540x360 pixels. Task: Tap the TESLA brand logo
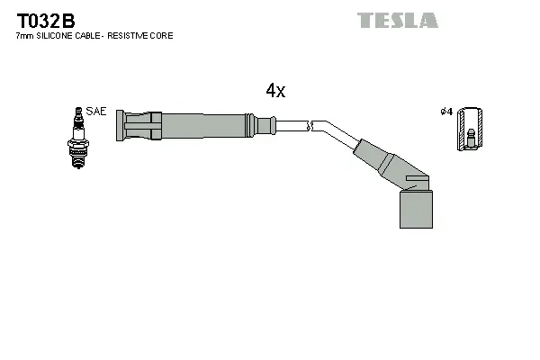397,20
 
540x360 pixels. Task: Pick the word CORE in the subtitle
163,36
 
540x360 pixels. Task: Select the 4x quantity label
275,90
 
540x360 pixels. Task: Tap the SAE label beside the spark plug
97,112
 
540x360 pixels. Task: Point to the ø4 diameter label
445,112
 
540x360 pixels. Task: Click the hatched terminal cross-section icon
468,129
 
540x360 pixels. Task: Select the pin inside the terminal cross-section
469,137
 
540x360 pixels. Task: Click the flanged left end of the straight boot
122,125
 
